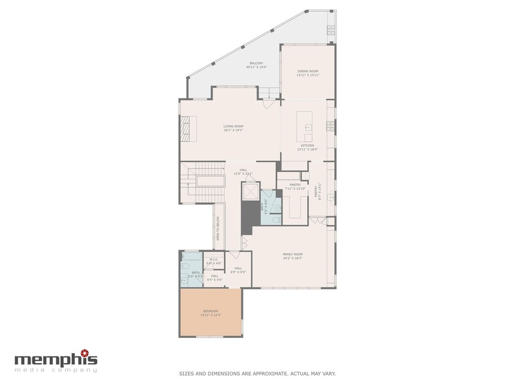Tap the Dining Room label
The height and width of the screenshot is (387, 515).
(308, 72)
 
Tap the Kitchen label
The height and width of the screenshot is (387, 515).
(307, 145)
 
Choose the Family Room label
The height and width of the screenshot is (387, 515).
(292, 254)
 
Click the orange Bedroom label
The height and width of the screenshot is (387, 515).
(210, 311)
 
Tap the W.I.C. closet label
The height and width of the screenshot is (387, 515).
(214, 259)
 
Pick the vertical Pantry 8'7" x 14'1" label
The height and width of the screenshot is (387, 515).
(317, 192)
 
